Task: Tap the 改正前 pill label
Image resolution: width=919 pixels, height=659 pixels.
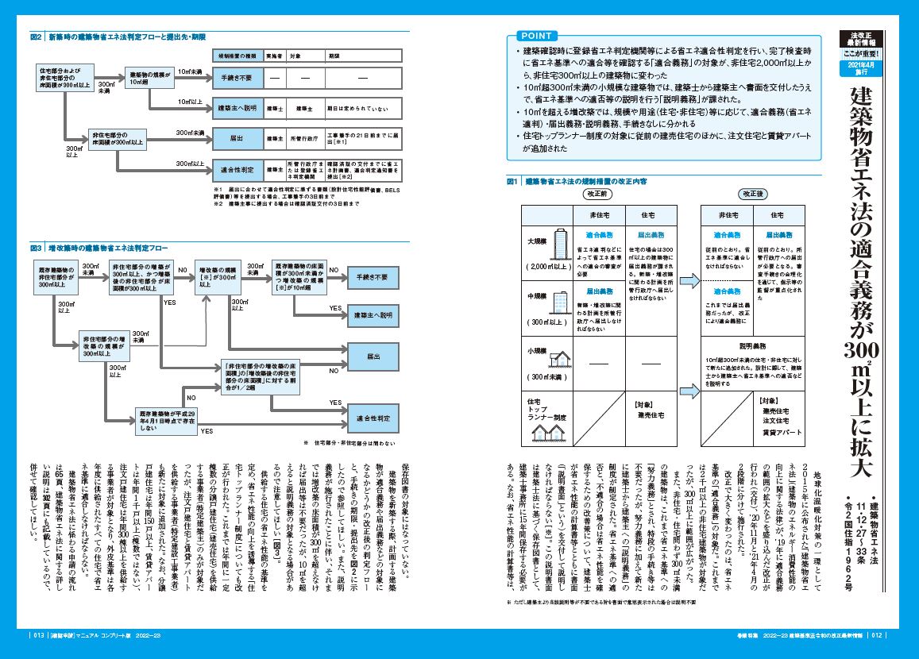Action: [596, 193]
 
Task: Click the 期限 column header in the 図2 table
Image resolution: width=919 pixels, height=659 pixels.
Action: [334, 57]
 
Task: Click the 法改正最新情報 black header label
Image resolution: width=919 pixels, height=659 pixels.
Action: [867, 40]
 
